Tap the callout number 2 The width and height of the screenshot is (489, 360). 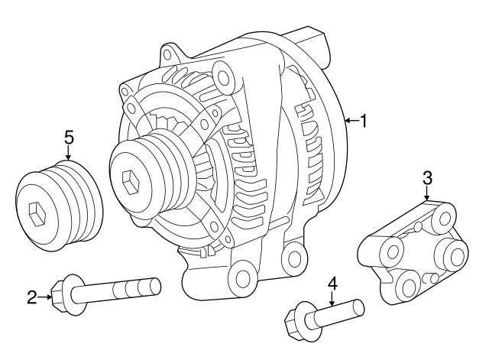(x=32, y=297)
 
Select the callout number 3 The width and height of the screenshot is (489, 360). (x=427, y=178)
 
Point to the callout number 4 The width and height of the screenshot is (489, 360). (x=332, y=284)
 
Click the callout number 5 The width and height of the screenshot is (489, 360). (x=69, y=138)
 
